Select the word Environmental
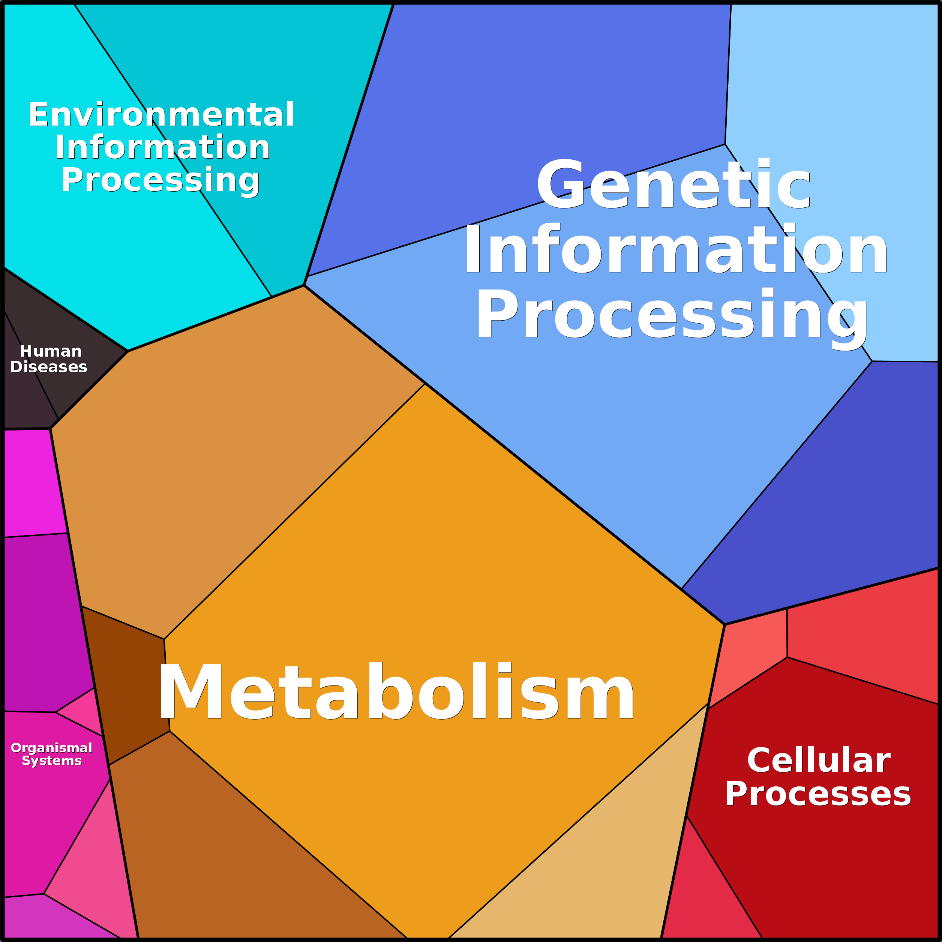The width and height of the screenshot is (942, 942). click(161, 115)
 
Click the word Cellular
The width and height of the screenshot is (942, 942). click(819, 760)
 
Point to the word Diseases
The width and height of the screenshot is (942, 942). click(49, 367)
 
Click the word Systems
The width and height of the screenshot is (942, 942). click(52, 760)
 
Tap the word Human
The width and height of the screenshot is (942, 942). click(51, 351)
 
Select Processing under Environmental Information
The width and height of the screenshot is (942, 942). click(160, 180)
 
